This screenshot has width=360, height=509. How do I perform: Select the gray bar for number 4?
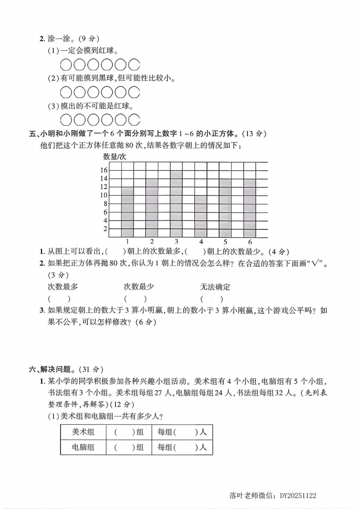pyautogui.click(x=201, y=216)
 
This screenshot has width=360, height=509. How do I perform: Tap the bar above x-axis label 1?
pyautogui.click(x=128, y=212)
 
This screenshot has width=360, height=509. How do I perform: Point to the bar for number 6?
pyautogui.click(x=250, y=208)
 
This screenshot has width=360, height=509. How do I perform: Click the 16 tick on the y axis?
pyautogui.click(x=104, y=170)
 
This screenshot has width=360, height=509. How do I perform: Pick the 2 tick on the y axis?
pyautogui.click(x=105, y=229)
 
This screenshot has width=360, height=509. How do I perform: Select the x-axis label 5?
pyautogui.click(x=225, y=241)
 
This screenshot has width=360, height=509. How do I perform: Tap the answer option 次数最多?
pyautogui.click(x=63, y=287)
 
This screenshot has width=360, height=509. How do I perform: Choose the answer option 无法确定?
pyautogui.click(x=215, y=287)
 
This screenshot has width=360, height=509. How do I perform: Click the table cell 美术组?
pyautogui.click(x=83, y=432)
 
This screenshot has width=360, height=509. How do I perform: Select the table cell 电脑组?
pyautogui.click(x=83, y=447)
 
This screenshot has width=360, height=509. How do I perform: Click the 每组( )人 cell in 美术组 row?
pyautogui.click(x=182, y=432)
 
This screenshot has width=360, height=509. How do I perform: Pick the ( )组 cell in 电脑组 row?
pyautogui.click(x=129, y=447)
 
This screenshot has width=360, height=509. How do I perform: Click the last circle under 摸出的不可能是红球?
pyautogui.click(x=134, y=120)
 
